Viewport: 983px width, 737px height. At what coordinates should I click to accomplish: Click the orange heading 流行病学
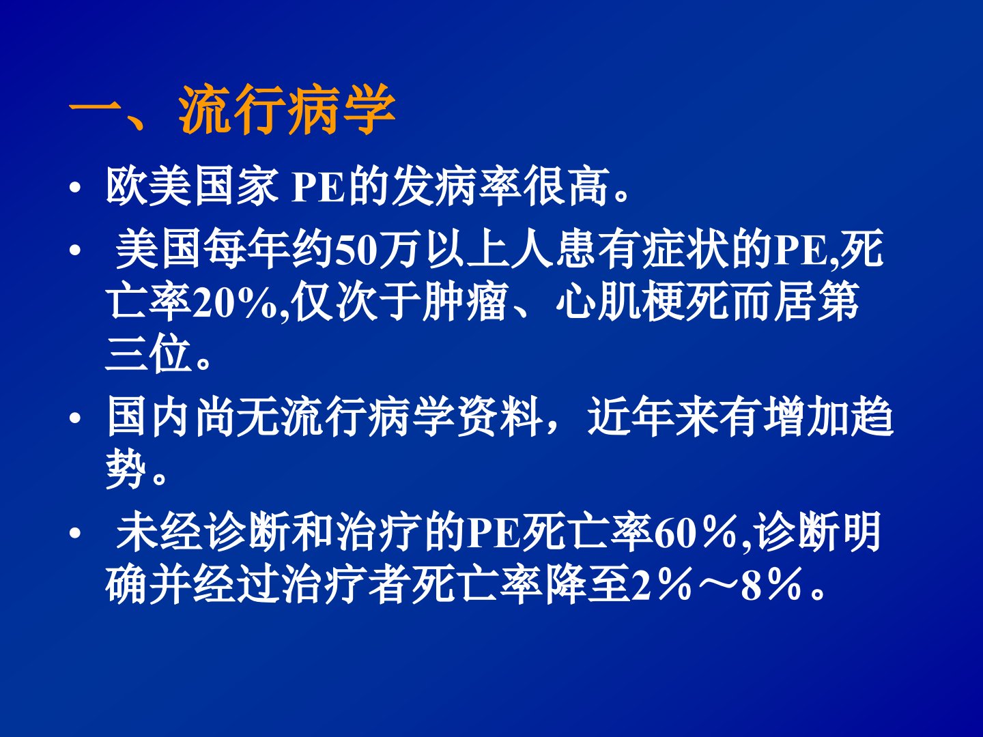tap(287, 110)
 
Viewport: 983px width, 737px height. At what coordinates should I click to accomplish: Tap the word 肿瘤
tap(466, 302)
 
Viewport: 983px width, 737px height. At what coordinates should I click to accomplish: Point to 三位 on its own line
tap(148, 353)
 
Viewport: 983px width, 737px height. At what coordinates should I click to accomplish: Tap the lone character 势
tap(126, 470)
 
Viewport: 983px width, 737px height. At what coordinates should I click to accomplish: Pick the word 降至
tap(586, 584)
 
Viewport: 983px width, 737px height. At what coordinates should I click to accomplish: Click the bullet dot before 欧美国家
tap(75, 188)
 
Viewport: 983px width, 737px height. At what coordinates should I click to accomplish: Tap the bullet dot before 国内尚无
tap(75, 418)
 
